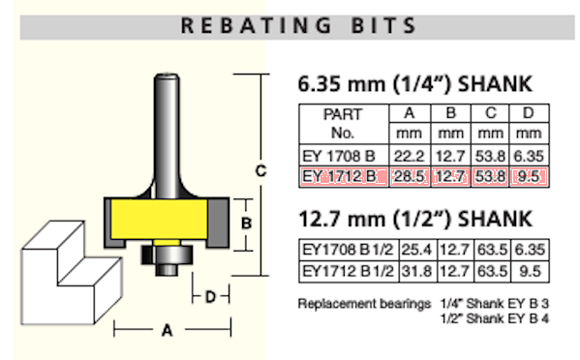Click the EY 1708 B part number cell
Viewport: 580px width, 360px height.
[x=343, y=156]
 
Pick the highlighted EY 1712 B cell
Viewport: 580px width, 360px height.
[x=343, y=176]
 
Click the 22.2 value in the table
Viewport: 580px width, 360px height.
[x=408, y=156]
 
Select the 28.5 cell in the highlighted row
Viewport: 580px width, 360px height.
[x=408, y=176]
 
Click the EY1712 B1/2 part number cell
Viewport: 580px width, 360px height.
[x=347, y=269]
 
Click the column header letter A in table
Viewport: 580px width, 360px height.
[x=408, y=114]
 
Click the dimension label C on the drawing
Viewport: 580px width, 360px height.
[x=260, y=170]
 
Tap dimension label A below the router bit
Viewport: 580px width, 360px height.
[x=167, y=331]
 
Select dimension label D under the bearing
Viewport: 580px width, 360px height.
[x=211, y=295]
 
